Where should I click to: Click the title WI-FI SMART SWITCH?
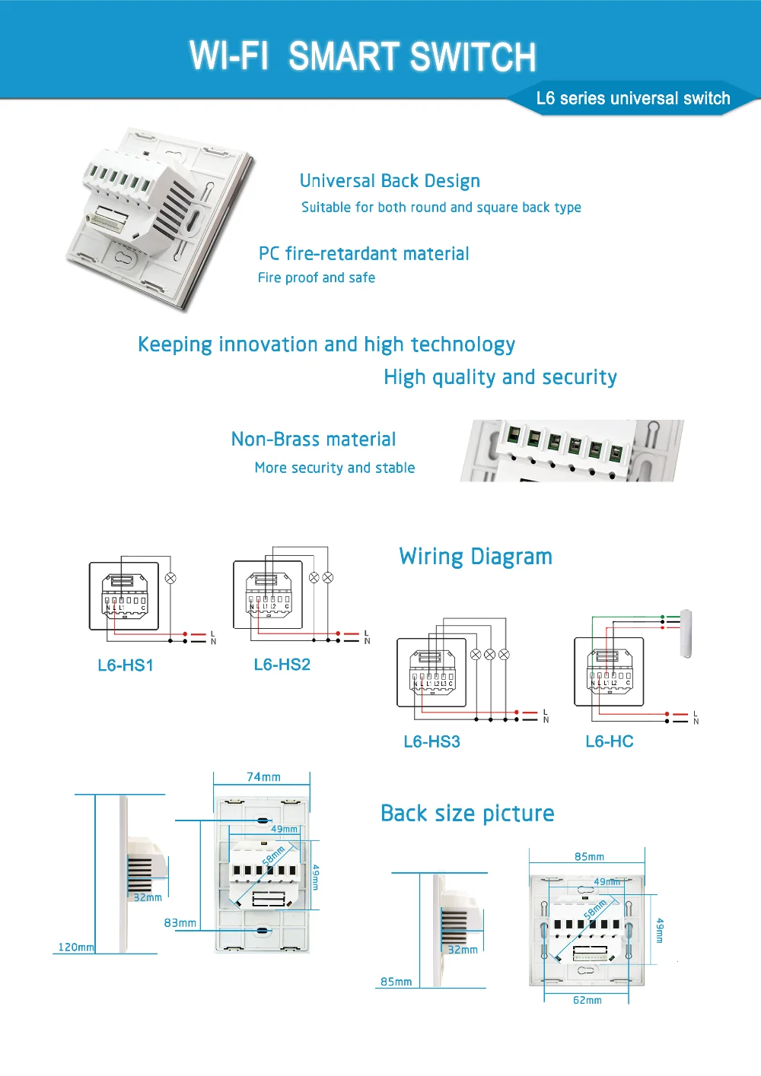tap(362, 57)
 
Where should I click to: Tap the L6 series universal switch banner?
tap(632, 98)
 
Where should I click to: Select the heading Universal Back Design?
tap(390, 181)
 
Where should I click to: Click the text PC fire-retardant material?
tap(364, 254)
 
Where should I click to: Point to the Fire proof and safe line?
tap(316, 278)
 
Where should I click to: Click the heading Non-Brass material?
tap(314, 440)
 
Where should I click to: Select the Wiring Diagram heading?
tap(476, 557)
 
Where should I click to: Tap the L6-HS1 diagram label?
tap(126, 665)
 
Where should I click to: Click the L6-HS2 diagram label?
tap(282, 665)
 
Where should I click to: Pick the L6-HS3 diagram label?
tap(431, 741)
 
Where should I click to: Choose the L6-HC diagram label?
tap(609, 741)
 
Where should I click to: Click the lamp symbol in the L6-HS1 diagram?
tap(170, 578)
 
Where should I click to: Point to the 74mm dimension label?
tap(263, 776)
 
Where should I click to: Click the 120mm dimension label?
tap(76, 947)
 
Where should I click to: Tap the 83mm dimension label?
tap(180, 922)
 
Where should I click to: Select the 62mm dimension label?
tap(587, 1000)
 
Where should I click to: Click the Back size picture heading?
tap(467, 814)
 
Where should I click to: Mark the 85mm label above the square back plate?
tap(589, 856)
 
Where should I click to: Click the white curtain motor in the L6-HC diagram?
tap(686, 633)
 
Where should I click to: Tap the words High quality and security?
tap(500, 377)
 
